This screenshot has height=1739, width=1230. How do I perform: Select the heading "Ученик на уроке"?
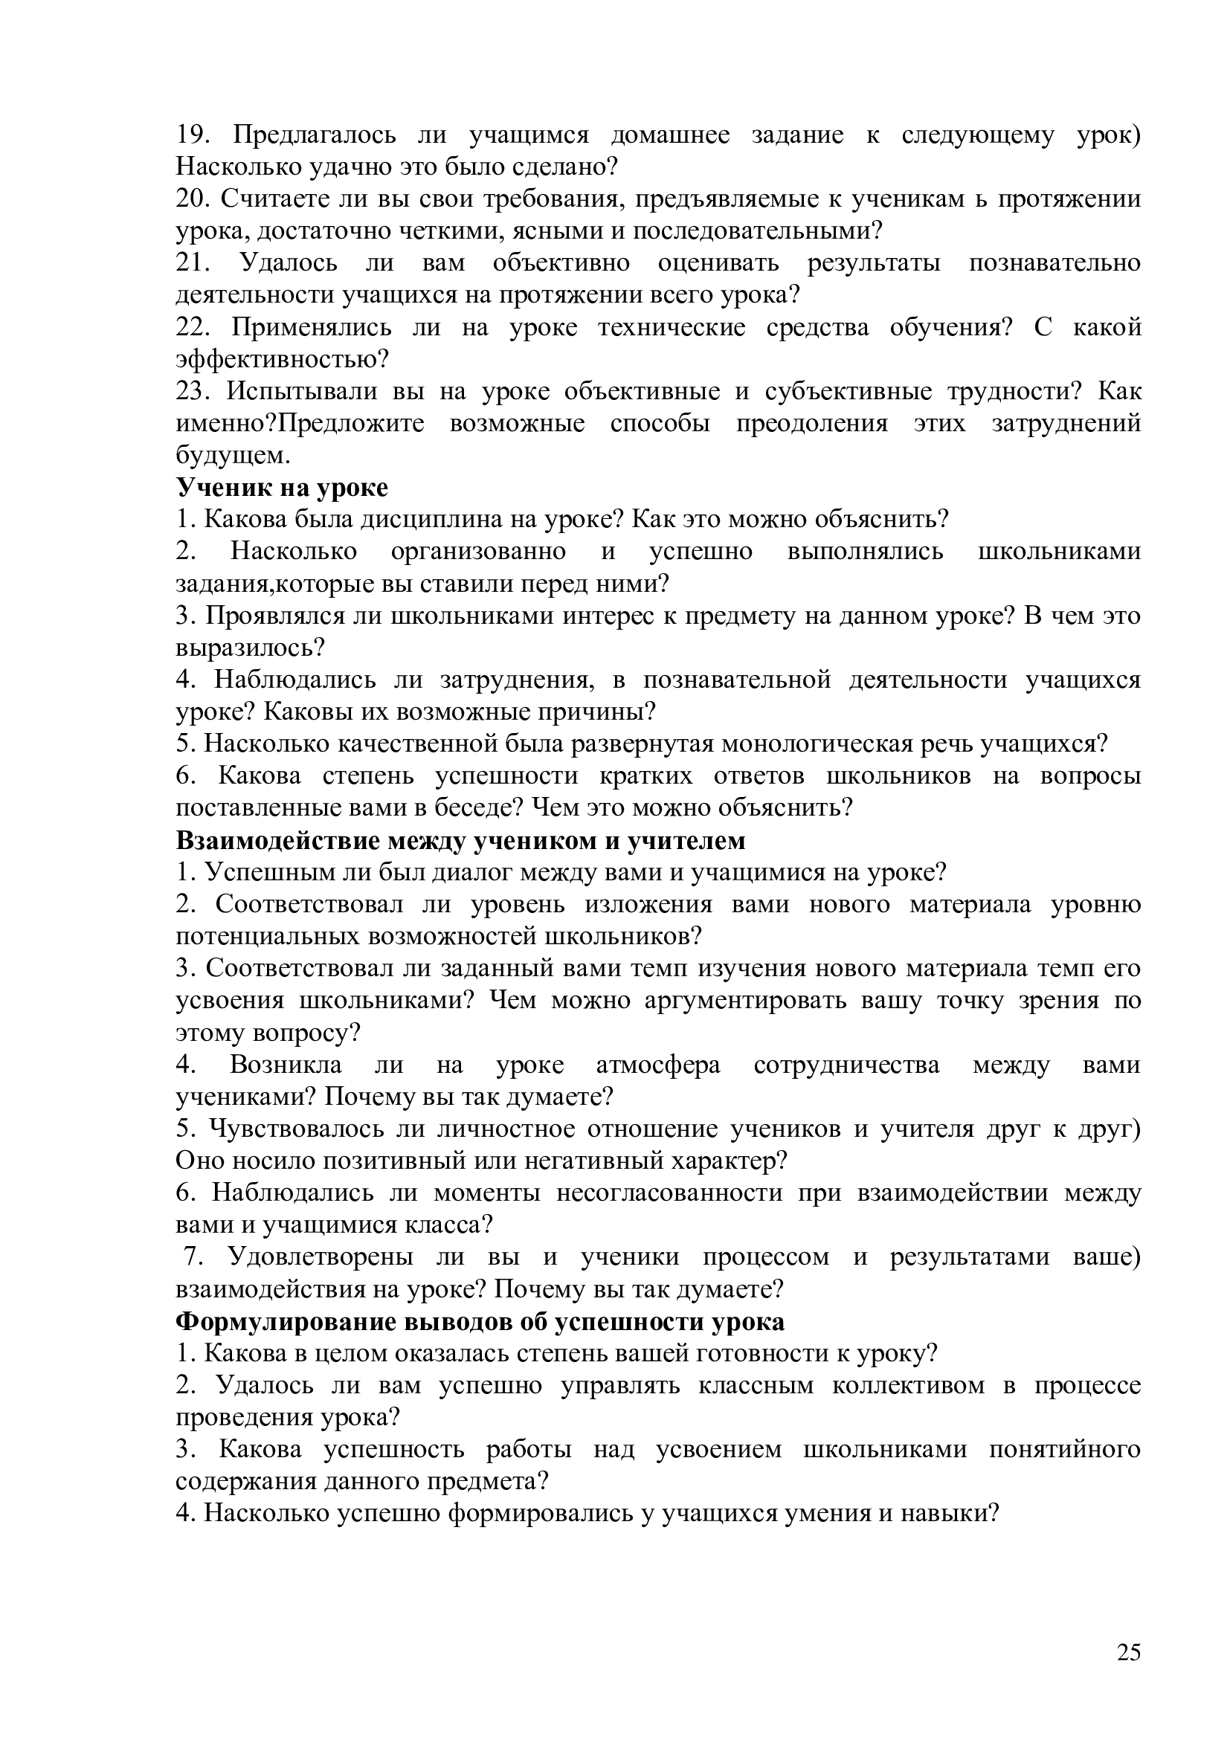tap(282, 488)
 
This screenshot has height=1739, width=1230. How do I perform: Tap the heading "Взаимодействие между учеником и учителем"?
tap(460, 841)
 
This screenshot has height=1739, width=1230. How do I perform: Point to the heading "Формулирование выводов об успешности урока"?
tap(480, 1322)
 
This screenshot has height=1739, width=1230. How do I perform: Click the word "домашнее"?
tap(670, 135)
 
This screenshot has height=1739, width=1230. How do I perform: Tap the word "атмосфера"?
tap(658, 1065)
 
